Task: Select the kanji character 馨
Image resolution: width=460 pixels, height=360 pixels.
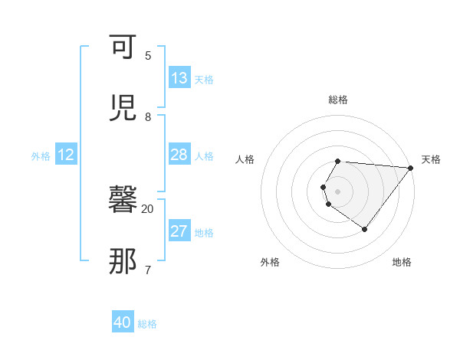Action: (123, 200)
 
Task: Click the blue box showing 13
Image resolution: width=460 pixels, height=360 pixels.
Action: (179, 78)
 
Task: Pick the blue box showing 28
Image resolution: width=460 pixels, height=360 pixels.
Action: (179, 155)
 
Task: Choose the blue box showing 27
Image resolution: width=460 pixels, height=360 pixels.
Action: (179, 232)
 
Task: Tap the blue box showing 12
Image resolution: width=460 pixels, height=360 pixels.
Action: (66, 155)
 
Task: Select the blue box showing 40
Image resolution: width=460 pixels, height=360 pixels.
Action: (123, 322)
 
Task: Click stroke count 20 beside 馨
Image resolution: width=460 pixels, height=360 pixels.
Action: (148, 208)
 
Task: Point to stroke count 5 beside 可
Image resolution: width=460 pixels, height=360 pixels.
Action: (148, 55)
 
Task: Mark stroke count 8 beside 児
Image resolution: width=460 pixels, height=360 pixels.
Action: (148, 116)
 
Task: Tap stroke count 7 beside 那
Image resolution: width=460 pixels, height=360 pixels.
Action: (148, 270)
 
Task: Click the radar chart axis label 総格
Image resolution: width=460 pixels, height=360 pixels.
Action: (338, 100)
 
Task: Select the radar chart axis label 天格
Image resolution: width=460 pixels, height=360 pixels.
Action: (431, 159)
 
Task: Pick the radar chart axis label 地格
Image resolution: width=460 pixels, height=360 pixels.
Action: (402, 262)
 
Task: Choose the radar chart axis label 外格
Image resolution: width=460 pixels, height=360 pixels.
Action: (270, 262)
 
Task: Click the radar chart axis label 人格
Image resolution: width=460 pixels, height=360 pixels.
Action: (245, 159)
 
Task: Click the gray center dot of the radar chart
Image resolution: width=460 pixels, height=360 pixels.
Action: (338, 191)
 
